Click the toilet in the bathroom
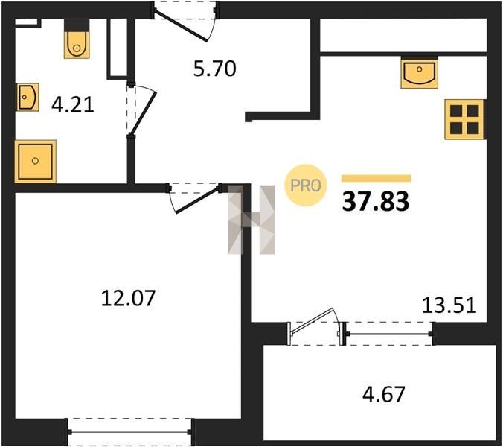tap(77, 44)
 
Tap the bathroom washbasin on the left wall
tap(28, 97)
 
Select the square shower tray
tap(35, 161)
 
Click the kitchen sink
tap(419, 74)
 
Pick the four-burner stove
tap(464, 119)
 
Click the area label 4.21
tap(73, 105)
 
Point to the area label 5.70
tap(214, 69)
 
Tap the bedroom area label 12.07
tap(128, 298)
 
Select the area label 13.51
tap(449, 305)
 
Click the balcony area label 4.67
tap(384, 394)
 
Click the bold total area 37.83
tap(376, 202)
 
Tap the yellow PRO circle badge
tap(306, 186)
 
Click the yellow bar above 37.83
tap(376, 178)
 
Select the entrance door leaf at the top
tap(181, 26)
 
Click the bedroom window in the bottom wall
tap(130, 432)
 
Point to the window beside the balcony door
tap(389, 334)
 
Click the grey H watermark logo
tap(251, 220)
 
